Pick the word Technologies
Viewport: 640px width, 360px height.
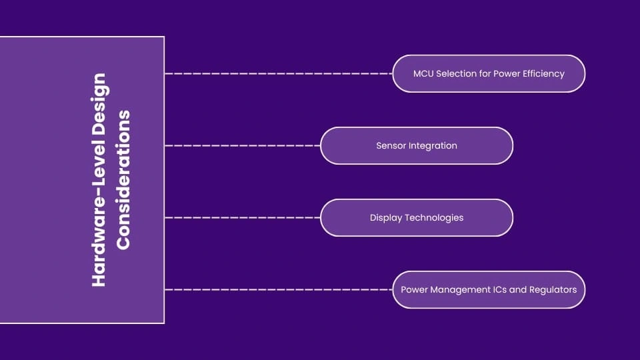point(434,217)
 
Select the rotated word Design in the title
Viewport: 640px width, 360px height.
point(99,100)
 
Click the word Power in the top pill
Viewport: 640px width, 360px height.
point(507,73)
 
